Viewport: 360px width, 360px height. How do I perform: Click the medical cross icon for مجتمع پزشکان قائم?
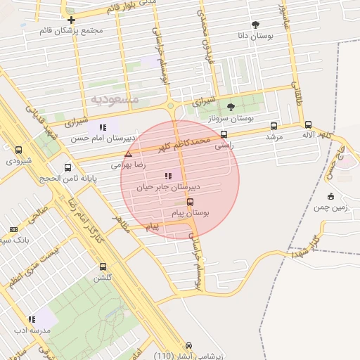click(71, 20)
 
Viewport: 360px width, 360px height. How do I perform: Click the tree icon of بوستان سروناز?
click(231, 107)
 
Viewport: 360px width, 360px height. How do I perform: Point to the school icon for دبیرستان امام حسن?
click(103, 127)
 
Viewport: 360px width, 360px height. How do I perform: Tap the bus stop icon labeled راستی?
click(224, 134)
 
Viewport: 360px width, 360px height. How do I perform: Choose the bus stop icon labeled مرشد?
click(274, 127)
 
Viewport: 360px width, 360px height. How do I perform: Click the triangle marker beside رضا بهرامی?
click(127, 153)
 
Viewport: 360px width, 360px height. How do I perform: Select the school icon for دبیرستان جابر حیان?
click(167, 176)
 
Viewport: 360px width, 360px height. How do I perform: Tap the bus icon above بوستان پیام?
click(190, 202)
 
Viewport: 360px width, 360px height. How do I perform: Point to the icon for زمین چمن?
click(330, 196)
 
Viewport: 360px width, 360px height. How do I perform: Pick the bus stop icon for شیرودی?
click(18, 150)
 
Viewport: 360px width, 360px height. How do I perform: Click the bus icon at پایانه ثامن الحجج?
click(67, 167)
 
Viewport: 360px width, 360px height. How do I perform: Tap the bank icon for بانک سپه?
click(13, 229)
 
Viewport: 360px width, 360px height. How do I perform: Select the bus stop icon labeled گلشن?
click(103, 266)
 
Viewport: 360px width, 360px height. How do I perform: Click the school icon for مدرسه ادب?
click(32, 319)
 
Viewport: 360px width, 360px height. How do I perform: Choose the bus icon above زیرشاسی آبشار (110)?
click(188, 346)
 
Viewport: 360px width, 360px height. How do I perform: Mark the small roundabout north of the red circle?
click(171, 107)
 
